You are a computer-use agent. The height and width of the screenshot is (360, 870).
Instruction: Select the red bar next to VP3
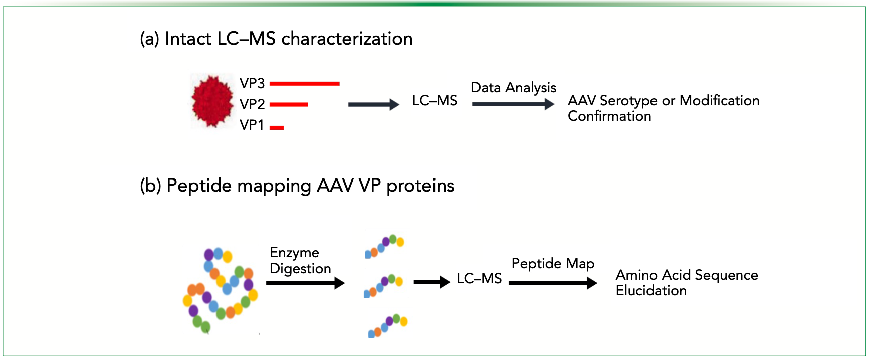pos(305,84)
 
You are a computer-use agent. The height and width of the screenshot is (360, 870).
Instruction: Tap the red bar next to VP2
pos(289,105)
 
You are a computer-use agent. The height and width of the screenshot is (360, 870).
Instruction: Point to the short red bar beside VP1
pos(277,128)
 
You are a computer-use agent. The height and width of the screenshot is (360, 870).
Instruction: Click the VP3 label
pos(252,83)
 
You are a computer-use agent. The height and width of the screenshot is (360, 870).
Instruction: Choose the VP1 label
pos(252,125)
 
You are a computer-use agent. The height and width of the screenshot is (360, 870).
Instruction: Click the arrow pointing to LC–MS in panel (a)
pos(374,104)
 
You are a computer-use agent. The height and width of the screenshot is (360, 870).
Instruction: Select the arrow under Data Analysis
pos(513,104)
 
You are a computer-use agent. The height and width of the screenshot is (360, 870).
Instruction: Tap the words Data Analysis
pos(514,88)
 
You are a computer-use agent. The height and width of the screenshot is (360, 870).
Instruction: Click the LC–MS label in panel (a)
pos(434,101)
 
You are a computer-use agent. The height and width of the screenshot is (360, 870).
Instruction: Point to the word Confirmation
pos(609,116)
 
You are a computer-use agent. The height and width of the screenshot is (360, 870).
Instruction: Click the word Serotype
pos(628,101)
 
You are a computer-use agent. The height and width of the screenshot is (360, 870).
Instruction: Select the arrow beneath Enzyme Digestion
pos(305,283)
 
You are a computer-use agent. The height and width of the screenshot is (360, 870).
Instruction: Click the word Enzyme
pos(295,253)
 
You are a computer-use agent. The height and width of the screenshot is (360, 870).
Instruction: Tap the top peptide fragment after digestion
pos(384,246)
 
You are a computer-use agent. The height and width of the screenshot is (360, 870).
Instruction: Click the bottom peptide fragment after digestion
pos(388,326)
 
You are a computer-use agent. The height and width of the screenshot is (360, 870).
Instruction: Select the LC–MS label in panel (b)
pos(479,279)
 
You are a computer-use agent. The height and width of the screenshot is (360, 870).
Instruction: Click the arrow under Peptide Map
pos(553,283)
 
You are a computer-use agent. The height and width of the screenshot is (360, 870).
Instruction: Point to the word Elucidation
pos(651,291)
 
